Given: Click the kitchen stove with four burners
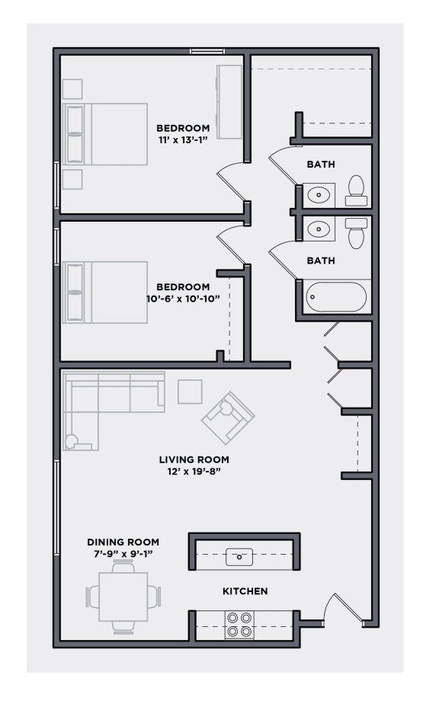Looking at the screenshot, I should pyautogui.click(x=239, y=625).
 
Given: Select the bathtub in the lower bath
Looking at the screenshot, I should pyautogui.click(x=336, y=297).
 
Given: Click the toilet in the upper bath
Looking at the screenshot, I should pyautogui.click(x=356, y=190).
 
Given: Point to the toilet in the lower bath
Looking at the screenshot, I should pyautogui.click(x=356, y=232).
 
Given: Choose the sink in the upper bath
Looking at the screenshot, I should pyautogui.click(x=319, y=195).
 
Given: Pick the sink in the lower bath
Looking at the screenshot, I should pyautogui.click(x=319, y=228).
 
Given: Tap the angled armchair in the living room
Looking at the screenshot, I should pyautogui.click(x=228, y=418).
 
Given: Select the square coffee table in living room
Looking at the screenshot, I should pyautogui.click(x=190, y=392).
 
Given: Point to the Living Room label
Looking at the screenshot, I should pyautogui.click(x=194, y=459).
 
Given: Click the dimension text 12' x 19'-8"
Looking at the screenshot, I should pyautogui.click(x=194, y=472).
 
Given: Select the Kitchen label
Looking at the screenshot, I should pyautogui.click(x=245, y=591).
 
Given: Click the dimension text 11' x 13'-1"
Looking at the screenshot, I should pyautogui.click(x=183, y=139).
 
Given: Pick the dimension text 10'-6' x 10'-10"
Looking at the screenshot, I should pyautogui.click(x=182, y=299).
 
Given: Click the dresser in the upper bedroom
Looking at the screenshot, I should pyautogui.click(x=229, y=101).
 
